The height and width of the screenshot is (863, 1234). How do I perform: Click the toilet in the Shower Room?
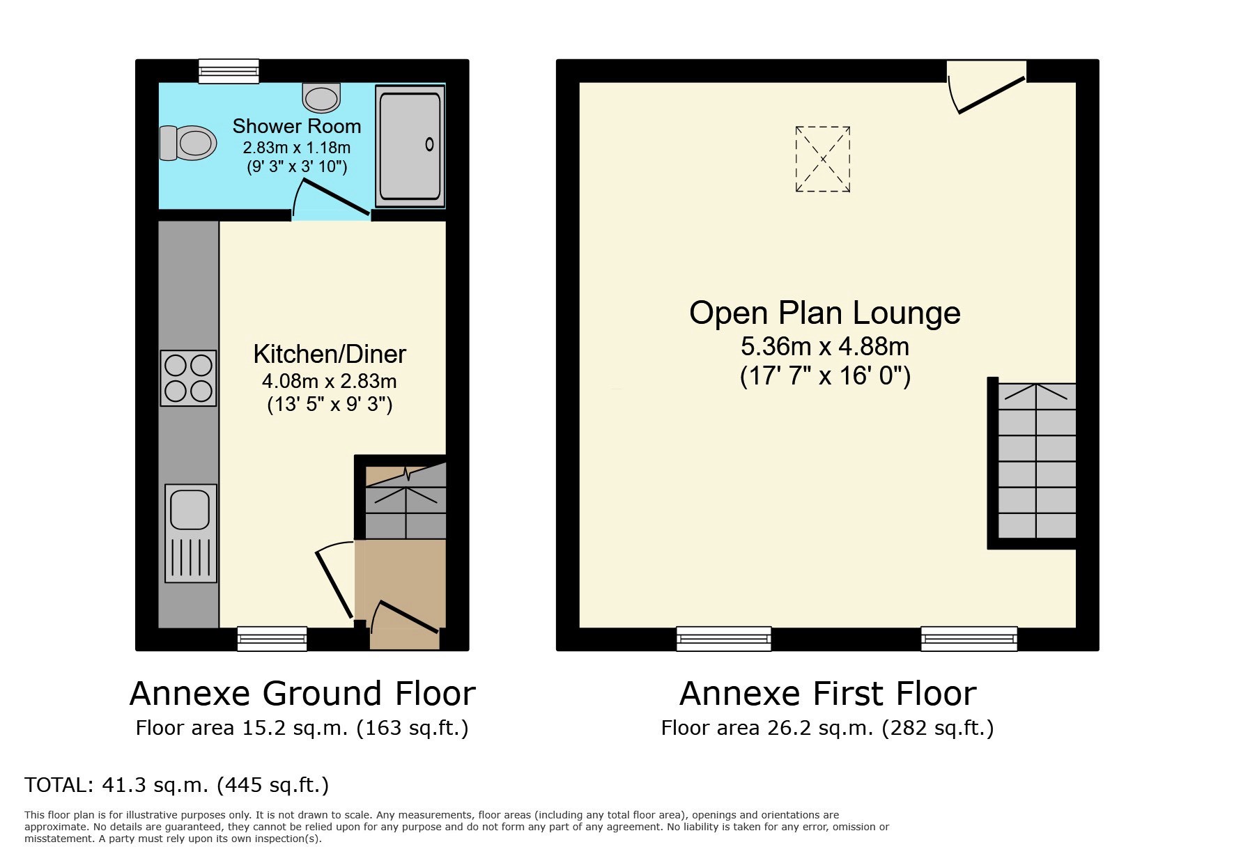pyautogui.click(x=187, y=143)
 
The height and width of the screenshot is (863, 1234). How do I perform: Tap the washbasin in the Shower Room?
pyautogui.click(x=321, y=98)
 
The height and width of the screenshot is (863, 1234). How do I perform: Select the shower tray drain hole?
pyautogui.click(x=429, y=145)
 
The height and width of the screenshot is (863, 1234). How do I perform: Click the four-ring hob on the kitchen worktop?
pyautogui.click(x=188, y=378)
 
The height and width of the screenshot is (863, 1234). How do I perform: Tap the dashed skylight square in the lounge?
pyautogui.click(x=823, y=159)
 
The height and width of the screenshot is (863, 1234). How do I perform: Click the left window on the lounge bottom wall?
pyautogui.click(x=724, y=638)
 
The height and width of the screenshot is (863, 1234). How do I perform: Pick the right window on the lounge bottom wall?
pyautogui.click(x=969, y=638)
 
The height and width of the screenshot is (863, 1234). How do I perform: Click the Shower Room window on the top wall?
pyautogui.click(x=229, y=71)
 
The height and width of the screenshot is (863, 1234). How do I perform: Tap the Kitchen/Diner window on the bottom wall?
pyautogui.click(x=272, y=638)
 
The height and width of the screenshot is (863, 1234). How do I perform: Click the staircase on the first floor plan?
pyautogui.click(x=1037, y=461)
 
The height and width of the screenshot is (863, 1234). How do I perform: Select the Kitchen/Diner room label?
pyautogui.click(x=329, y=355)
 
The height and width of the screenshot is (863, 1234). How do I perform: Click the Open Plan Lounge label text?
pyautogui.click(x=824, y=313)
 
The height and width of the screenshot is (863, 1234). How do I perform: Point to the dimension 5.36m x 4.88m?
pyautogui.click(x=824, y=346)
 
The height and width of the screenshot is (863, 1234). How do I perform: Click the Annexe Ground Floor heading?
pyautogui.click(x=302, y=694)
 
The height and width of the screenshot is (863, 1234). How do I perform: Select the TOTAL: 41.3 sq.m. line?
pyautogui.click(x=176, y=785)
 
